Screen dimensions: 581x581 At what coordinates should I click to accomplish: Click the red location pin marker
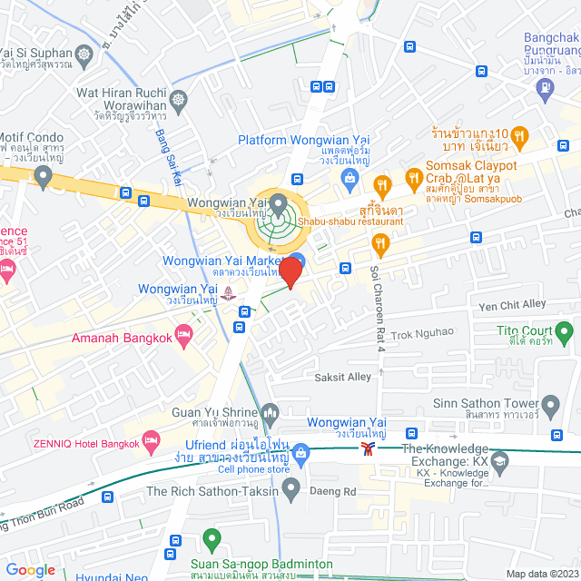pyautogui.click(x=290, y=271)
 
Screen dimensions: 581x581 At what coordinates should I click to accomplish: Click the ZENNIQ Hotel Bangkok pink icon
pyautogui.click(x=152, y=443)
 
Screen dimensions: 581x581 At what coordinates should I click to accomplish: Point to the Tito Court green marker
pyautogui.click(x=565, y=337)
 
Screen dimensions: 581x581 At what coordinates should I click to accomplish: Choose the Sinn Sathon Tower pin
pyautogui.click(x=550, y=404)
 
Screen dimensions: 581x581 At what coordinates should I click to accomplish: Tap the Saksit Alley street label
pyautogui.click(x=343, y=376)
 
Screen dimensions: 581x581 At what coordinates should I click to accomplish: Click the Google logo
pyautogui.click(x=30, y=569)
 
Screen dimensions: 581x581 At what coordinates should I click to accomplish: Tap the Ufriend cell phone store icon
pyautogui.click(x=301, y=452)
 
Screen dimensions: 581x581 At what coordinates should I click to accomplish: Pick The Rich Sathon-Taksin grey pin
pyautogui.click(x=290, y=491)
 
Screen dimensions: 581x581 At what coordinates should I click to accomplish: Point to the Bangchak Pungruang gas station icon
pyautogui.click(x=544, y=88)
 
